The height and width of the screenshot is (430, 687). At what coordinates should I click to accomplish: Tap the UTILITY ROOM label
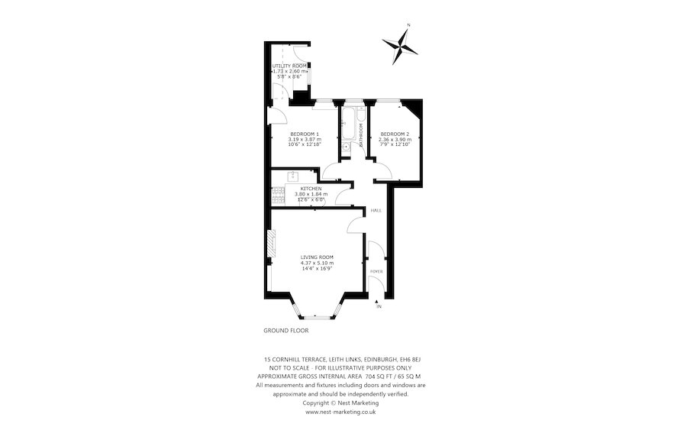289,66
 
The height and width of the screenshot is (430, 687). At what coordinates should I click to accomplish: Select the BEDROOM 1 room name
305,134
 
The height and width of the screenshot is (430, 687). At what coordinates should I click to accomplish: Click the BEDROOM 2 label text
395,134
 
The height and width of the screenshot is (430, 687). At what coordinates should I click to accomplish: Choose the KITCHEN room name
311,189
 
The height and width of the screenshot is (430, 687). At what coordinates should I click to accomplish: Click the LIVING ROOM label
316,257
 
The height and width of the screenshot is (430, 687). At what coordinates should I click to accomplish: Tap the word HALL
376,210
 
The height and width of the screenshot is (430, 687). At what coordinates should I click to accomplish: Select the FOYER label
376,271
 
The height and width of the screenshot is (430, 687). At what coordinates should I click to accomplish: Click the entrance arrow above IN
378,299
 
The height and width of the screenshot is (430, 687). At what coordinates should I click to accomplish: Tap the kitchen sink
291,176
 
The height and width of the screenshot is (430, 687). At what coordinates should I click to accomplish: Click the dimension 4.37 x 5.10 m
316,263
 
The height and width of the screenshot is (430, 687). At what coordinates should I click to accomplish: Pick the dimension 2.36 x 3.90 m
395,140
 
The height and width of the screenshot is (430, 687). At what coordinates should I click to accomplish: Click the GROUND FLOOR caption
285,331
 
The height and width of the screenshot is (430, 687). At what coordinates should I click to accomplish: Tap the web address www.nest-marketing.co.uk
340,412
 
